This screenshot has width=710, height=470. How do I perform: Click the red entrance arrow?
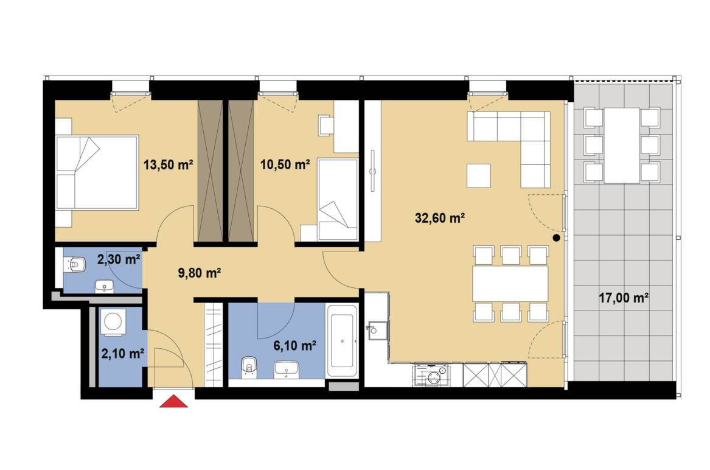pos(173,402)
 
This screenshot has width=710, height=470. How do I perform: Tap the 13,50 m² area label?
pos(169,164)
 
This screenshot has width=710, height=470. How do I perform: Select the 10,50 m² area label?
pos(285,164)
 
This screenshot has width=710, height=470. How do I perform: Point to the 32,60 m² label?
pos(440,219)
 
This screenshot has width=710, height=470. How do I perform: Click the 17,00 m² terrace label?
pos(624,298)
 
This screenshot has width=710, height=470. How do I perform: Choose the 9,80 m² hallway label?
pos(200,273)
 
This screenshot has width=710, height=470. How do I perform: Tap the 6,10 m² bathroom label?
pos(295,346)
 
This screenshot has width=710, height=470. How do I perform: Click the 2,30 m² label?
pos(119,260)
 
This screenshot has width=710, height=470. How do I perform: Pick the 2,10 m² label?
pos(123,354)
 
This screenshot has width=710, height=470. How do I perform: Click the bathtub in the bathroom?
pos(342,342)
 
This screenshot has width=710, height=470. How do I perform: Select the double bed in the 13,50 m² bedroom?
pos(97,172)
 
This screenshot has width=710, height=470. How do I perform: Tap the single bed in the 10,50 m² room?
pos(337,200)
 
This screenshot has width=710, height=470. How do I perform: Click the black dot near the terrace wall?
pos(557,237)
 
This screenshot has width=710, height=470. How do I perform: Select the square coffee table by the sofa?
pos(479,176)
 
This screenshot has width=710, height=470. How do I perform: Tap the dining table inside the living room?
pos(510,284)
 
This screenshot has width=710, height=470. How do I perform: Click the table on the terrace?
pos(622,146)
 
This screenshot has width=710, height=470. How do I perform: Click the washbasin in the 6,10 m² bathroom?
pos(286,369)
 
